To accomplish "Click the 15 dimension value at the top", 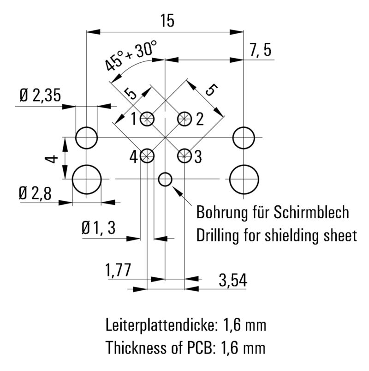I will point(167,20).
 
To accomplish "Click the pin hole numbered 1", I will point(148,119).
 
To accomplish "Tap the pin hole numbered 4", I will point(148,156).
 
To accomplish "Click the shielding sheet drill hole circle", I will point(165,179).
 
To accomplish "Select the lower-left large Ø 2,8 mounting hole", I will point(87,179).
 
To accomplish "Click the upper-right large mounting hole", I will point(244,138).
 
